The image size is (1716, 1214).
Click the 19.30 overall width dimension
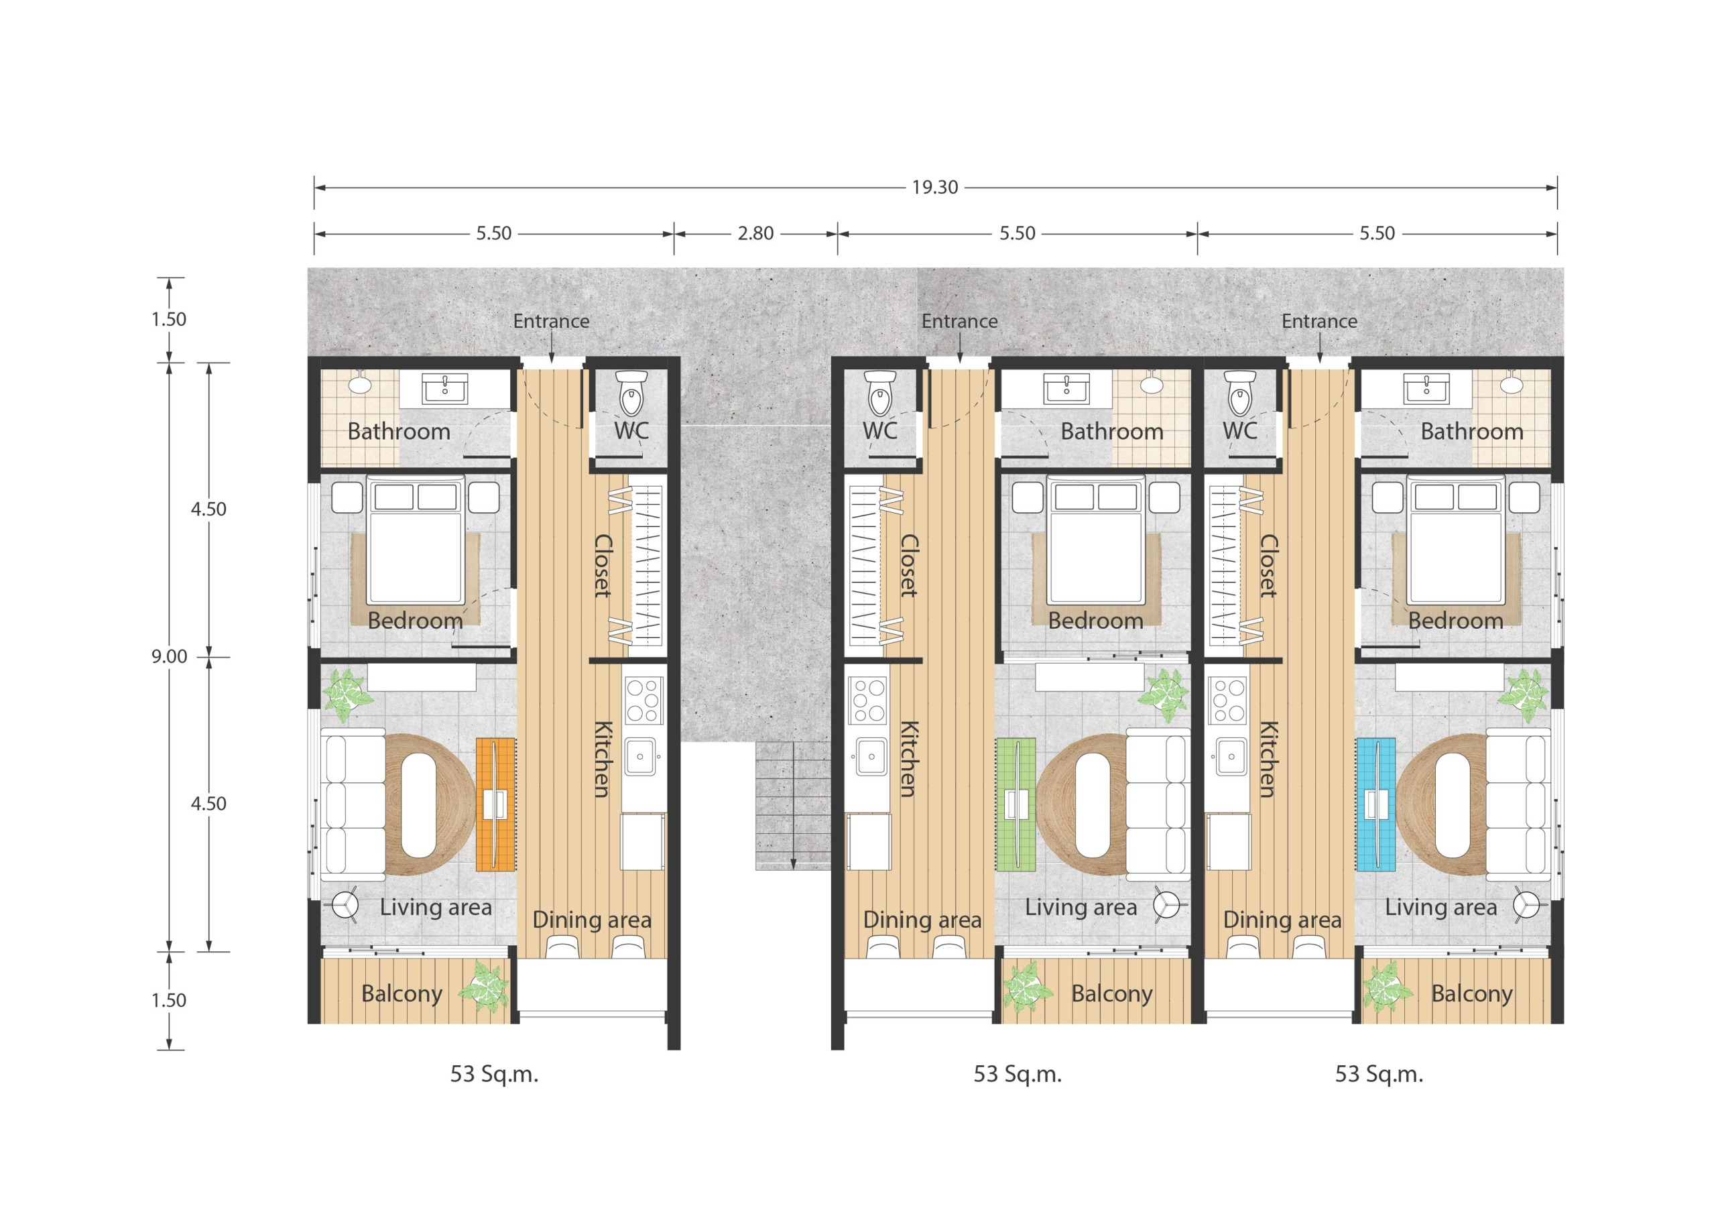point(934,187)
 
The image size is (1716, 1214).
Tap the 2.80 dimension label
point(755,233)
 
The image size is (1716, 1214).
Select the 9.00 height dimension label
point(170,656)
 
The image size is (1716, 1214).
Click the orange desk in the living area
point(495,804)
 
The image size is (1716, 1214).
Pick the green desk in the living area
point(1016,804)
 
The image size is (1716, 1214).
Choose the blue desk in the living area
point(1376,804)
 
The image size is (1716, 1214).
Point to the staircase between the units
point(793,806)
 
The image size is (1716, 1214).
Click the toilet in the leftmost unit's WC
point(631,393)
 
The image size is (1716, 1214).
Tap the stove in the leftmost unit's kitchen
point(643,701)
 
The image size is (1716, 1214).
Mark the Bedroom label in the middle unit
point(1096,621)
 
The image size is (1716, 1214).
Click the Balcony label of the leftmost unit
point(402,993)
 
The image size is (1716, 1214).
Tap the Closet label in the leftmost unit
point(603,565)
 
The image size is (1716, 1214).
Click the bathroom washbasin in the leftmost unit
point(444,389)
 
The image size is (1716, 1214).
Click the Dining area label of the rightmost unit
point(1282,920)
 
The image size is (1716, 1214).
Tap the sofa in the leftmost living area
point(353,804)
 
